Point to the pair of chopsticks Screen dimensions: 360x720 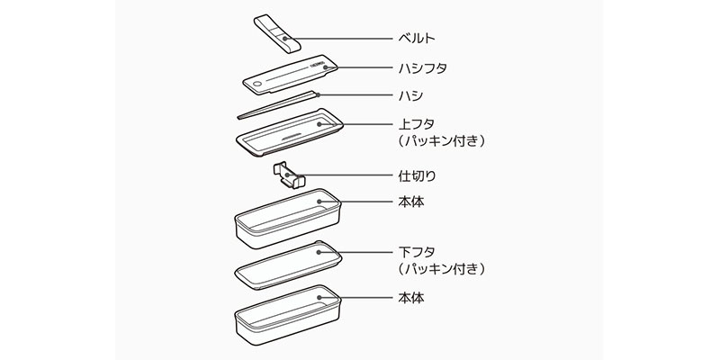(x=279, y=103)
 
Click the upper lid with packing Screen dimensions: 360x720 (x=287, y=132)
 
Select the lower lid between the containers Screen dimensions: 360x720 (x=288, y=262)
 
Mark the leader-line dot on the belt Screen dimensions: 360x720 (x=285, y=38)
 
